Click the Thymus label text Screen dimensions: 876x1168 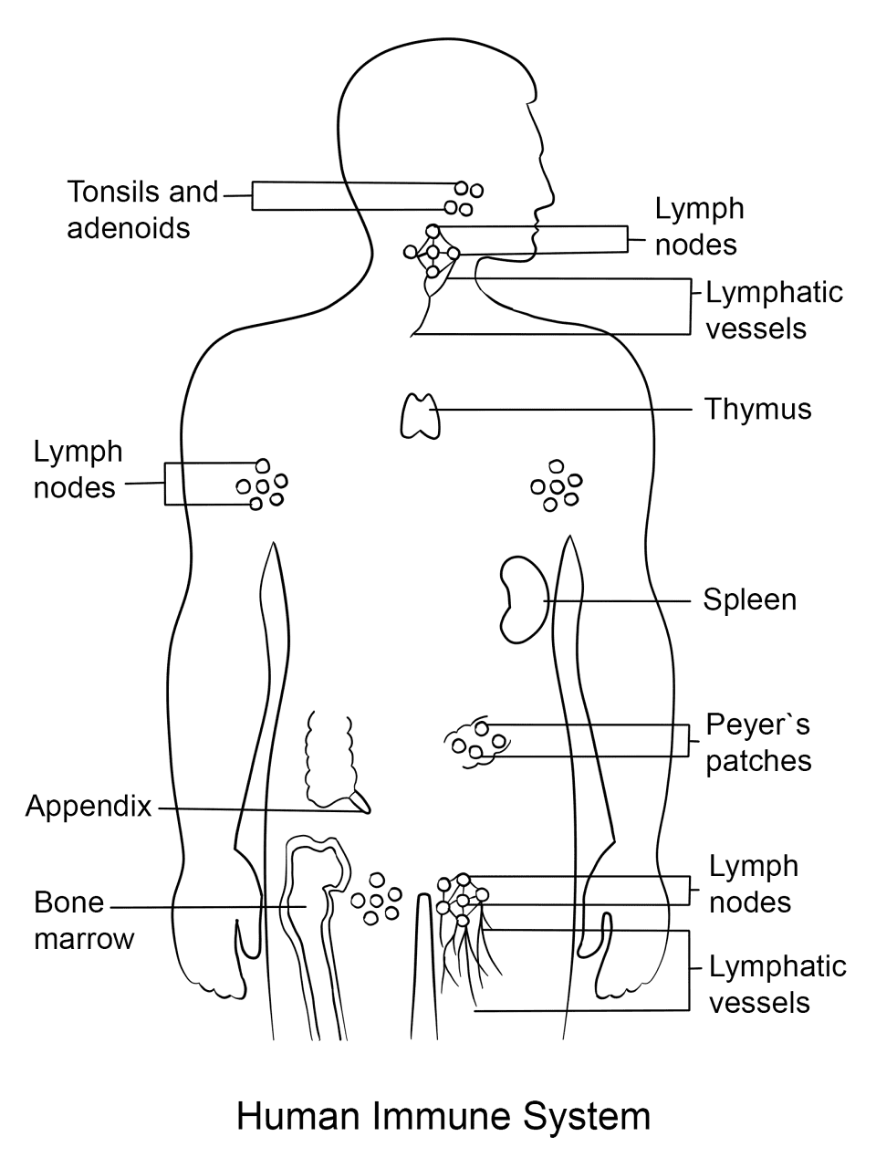coord(758,410)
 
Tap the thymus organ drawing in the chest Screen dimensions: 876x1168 coord(420,416)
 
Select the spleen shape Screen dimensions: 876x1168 coord(524,600)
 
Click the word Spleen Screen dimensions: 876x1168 coord(750,600)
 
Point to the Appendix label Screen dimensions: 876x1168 coord(89,806)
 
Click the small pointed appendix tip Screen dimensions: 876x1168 coord(361,802)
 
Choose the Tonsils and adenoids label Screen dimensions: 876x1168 coord(142,209)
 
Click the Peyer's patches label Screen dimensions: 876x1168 coord(758,742)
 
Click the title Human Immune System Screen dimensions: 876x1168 coord(443,1115)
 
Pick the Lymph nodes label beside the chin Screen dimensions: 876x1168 coord(699,226)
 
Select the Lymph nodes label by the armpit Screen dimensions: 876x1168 coord(78,469)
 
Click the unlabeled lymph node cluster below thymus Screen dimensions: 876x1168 coord(557,485)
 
